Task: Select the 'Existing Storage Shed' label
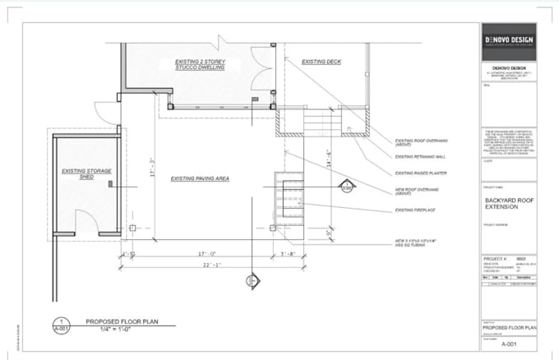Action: [x=86, y=173]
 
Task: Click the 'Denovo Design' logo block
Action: [x=508, y=42]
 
